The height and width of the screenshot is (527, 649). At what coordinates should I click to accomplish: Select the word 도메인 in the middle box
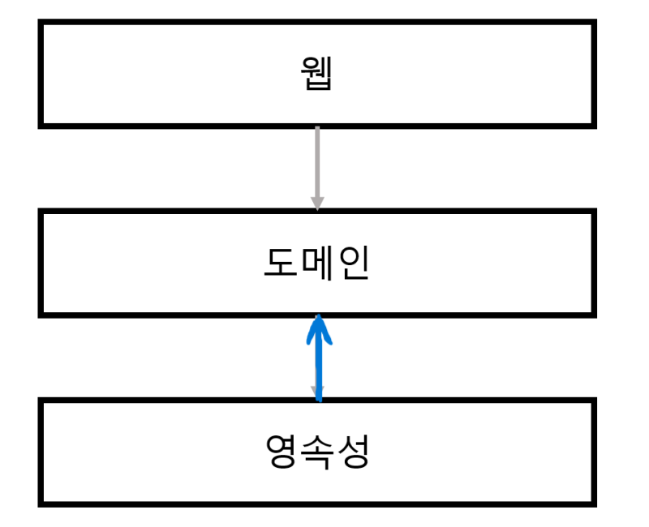click(316, 263)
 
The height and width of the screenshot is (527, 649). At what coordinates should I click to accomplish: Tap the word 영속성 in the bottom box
click(317, 452)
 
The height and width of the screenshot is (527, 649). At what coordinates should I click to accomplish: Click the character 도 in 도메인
click(280, 263)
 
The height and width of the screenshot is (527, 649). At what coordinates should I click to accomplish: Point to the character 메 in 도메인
click(316, 263)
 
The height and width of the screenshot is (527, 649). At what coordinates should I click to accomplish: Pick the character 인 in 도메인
click(353, 263)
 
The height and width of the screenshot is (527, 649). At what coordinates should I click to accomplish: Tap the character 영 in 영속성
click(281, 452)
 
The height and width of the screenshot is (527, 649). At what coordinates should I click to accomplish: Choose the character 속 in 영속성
click(317, 452)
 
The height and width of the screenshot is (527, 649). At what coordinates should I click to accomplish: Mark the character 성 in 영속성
click(354, 452)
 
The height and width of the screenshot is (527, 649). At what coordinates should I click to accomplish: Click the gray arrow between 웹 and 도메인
click(317, 162)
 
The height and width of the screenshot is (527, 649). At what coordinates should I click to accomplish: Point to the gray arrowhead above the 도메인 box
click(317, 203)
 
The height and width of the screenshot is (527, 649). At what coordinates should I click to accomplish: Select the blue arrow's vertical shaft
click(319, 365)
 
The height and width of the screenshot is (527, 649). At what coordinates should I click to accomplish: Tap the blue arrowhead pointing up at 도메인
click(319, 326)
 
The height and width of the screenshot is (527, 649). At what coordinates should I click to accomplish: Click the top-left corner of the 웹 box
click(41, 24)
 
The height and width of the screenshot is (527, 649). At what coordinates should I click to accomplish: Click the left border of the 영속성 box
click(41, 452)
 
